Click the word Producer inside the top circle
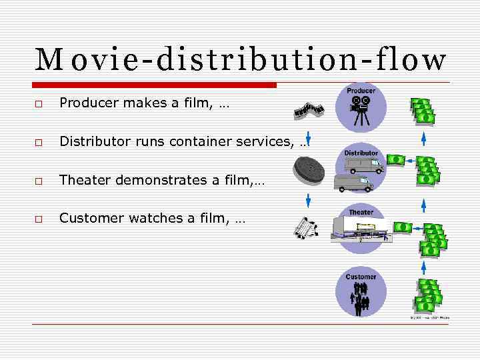coord(361,91)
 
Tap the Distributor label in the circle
coord(361,153)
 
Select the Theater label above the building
coord(361,213)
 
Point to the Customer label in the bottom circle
coord(361,277)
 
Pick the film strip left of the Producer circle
coord(309,110)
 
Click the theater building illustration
coord(361,231)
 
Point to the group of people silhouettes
coord(361,297)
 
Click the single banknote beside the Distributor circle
coord(396,159)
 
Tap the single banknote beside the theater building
coord(403,227)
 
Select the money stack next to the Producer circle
coord(423,111)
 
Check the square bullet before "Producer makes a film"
coord(39,105)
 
